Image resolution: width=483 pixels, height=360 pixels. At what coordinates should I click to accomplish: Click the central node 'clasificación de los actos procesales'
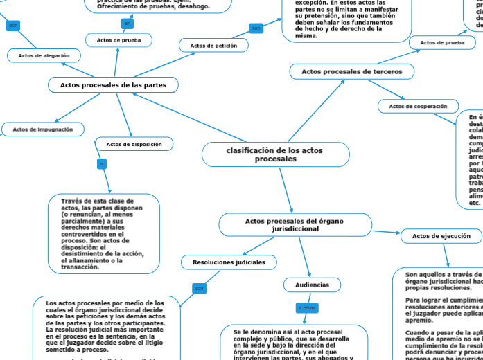click(x=274, y=154)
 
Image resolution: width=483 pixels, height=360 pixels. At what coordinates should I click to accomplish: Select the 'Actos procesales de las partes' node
click(x=114, y=85)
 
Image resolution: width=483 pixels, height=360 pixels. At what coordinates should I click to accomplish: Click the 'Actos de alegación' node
click(x=44, y=55)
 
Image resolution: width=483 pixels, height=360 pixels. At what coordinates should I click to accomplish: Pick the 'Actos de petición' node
click(x=213, y=46)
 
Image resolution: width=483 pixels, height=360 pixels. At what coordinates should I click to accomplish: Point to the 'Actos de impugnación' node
click(x=43, y=129)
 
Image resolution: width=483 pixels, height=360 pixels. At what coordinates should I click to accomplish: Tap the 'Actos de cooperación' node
click(x=418, y=106)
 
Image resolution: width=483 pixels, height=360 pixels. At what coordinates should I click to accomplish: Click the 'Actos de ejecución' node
click(x=441, y=236)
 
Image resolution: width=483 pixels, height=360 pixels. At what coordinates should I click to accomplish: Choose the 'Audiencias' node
click(x=308, y=285)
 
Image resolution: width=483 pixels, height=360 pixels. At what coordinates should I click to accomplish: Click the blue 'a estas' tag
click(x=306, y=307)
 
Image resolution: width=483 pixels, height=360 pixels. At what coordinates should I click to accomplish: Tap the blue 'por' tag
click(x=13, y=26)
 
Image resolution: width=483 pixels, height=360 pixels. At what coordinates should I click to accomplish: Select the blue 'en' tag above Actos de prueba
click(x=128, y=24)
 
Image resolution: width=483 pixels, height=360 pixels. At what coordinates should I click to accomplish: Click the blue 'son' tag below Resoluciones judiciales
click(x=200, y=288)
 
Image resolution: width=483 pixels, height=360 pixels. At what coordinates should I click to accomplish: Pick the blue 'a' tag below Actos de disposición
click(x=102, y=164)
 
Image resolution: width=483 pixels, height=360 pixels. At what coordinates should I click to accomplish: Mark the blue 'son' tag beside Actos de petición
click(x=256, y=28)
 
